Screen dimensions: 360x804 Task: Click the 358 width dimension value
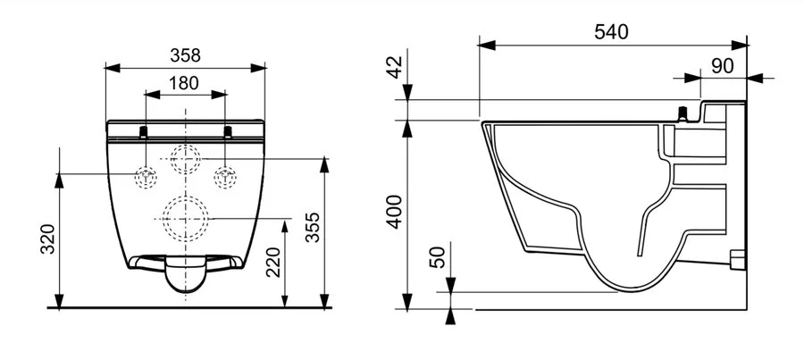click(x=186, y=54)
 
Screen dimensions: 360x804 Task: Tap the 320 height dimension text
click(x=48, y=239)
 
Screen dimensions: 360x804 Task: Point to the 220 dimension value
click(x=273, y=261)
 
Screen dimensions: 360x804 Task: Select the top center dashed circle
click(x=186, y=159)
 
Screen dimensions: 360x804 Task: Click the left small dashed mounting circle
click(x=145, y=176)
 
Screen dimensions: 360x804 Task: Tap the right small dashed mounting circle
click(x=226, y=176)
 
